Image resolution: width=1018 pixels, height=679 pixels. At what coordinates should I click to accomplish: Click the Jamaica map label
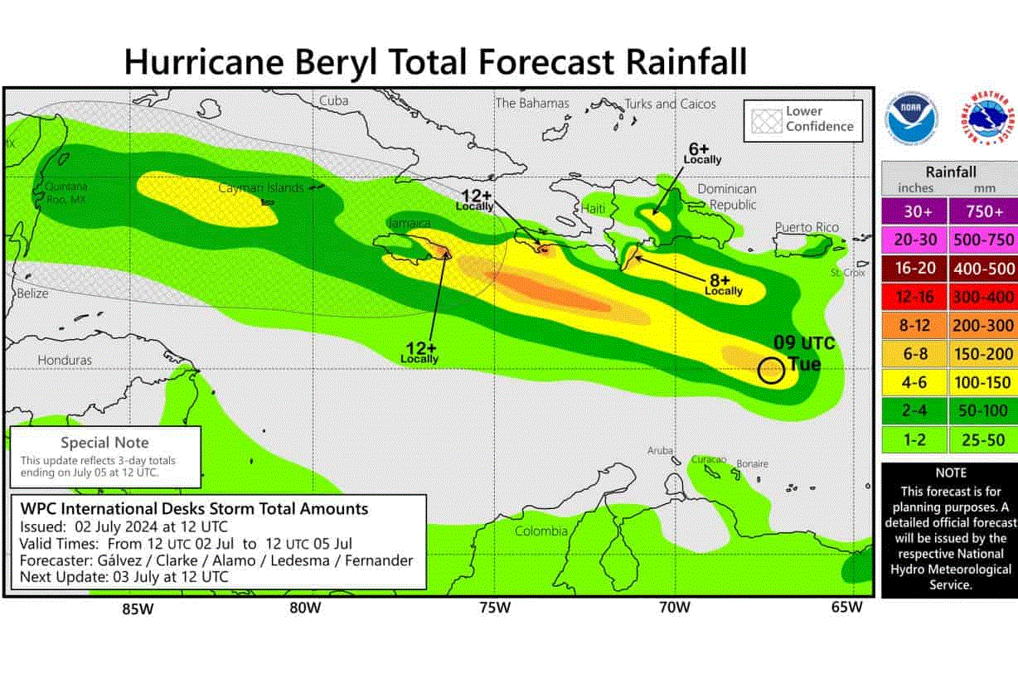click(409, 223)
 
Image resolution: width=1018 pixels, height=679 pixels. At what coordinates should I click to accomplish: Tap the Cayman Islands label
click(260, 188)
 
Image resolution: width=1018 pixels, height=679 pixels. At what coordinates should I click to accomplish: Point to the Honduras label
click(65, 361)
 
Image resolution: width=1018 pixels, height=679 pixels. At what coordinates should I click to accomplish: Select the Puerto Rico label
click(807, 227)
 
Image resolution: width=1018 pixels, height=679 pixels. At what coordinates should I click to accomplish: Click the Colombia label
click(541, 531)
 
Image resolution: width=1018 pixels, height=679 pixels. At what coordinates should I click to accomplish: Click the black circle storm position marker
click(771, 371)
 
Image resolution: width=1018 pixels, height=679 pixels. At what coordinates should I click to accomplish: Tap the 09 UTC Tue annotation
click(803, 353)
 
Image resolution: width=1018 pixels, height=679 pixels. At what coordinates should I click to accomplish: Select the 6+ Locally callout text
click(702, 153)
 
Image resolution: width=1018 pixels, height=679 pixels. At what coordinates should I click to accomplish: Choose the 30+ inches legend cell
click(914, 211)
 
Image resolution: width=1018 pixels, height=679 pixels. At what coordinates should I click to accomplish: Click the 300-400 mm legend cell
click(983, 296)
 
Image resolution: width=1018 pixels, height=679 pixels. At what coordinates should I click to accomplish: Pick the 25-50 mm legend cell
click(983, 439)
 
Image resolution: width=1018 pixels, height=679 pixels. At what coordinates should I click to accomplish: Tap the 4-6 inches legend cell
click(914, 382)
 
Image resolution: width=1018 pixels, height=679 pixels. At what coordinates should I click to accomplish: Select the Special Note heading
click(105, 443)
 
